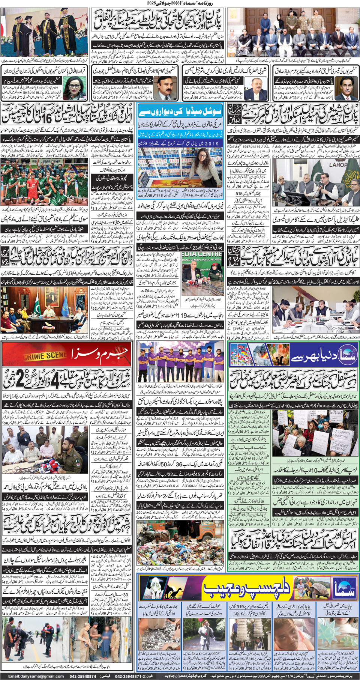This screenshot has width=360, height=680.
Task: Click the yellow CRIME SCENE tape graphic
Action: tap(45, 355)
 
